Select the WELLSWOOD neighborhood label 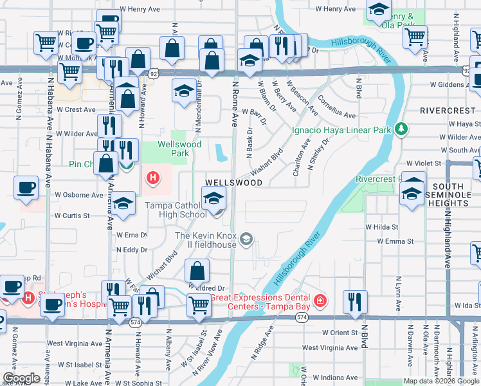click(x=233, y=183)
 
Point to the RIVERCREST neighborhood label click(x=448, y=111)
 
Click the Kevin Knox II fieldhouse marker click(x=246, y=240)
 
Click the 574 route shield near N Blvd click(x=302, y=318)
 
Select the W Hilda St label click(x=382, y=227)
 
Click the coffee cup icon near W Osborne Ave click(x=26, y=188)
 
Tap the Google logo click(x=21, y=378)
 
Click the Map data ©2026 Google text click(x=441, y=380)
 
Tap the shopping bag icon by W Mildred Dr click(x=197, y=270)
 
